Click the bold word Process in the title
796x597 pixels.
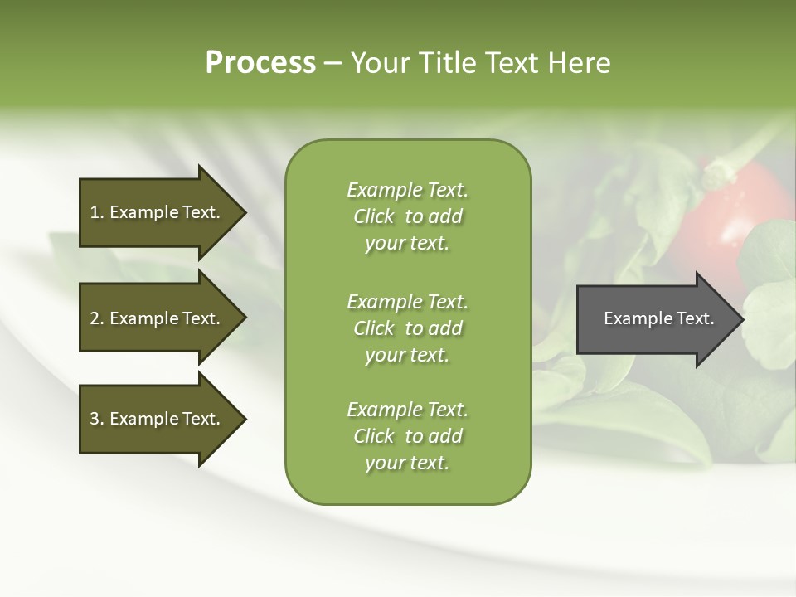(x=260, y=63)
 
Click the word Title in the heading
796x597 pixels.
(x=446, y=63)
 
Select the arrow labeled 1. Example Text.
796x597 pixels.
(x=158, y=212)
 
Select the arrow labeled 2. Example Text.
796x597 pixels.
(x=158, y=318)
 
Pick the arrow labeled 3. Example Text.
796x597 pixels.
(x=158, y=419)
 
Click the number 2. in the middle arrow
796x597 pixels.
(x=97, y=318)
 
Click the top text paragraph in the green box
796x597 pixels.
(x=407, y=216)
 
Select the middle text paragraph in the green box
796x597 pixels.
(x=407, y=328)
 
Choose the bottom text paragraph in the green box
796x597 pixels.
(x=407, y=436)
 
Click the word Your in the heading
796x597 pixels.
(x=378, y=63)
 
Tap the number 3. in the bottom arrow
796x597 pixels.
(x=97, y=419)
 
